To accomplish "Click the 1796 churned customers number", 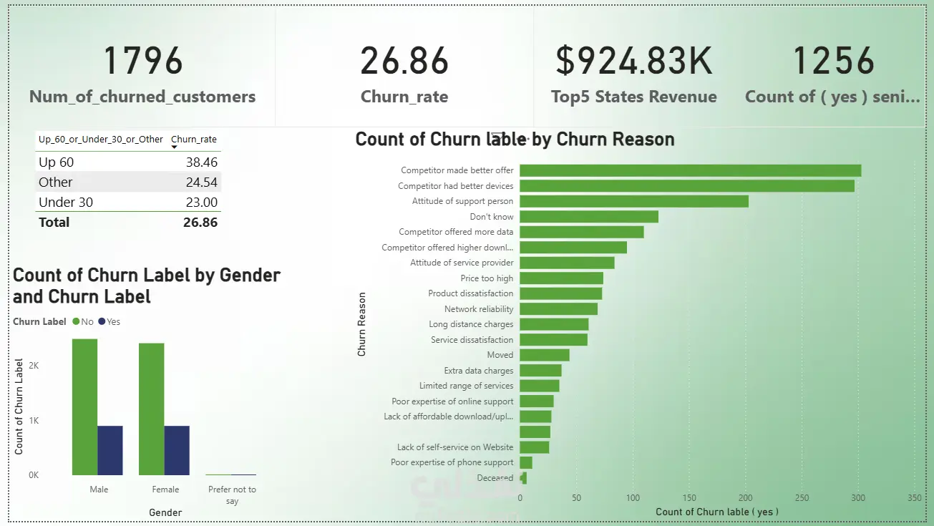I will coord(144,61).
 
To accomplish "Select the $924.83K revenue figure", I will coord(634,61).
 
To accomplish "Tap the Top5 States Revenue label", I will coord(633,97).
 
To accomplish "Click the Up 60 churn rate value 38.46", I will coord(200,162).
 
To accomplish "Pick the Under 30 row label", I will coord(66,203).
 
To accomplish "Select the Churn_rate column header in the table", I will coord(194,140).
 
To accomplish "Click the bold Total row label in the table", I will coord(54,223).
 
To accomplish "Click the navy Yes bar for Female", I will coord(177,450).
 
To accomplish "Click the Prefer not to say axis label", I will coord(232,495).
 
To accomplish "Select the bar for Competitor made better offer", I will coord(690,170).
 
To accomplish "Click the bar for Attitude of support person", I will coord(633,201).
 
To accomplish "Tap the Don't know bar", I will coord(588,217).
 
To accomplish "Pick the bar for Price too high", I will coord(561,278).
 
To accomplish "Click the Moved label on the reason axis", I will coord(500,355).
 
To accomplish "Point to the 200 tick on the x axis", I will coord(745,498).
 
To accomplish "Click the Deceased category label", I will coord(495,478).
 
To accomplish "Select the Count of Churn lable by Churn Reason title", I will coord(515,139).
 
